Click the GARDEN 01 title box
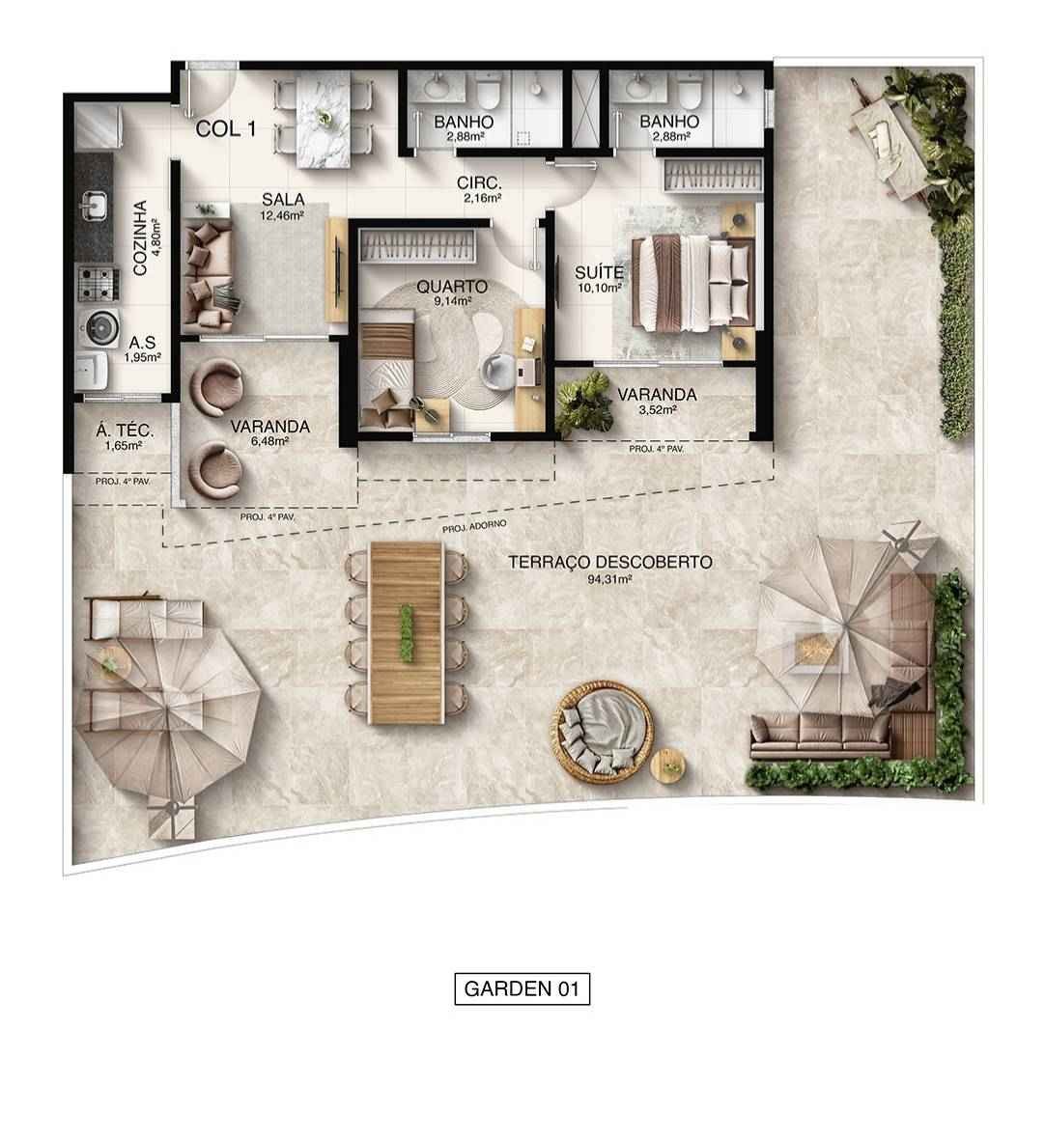522,989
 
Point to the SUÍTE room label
599,271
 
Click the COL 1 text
225,128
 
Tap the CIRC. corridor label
479,183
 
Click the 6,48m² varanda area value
269,441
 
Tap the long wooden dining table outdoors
407,631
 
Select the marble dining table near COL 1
324,115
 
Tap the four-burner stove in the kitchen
96,283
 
